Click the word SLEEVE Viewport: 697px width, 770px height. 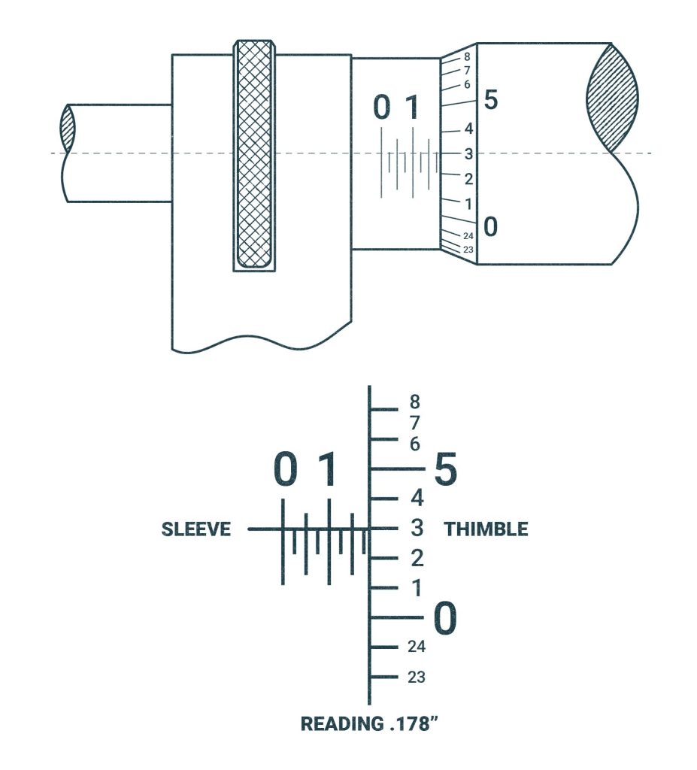pyautogui.click(x=195, y=529)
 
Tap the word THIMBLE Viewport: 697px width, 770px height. pyautogui.click(x=486, y=529)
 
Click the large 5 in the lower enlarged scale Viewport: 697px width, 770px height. pyautogui.click(x=446, y=471)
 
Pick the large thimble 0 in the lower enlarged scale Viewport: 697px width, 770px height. pyautogui.click(x=445, y=619)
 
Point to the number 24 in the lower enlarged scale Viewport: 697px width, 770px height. pyautogui.click(x=417, y=647)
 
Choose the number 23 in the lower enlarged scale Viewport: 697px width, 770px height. pyautogui.click(x=417, y=677)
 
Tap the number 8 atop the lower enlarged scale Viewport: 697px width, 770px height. pyautogui.click(x=415, y=402)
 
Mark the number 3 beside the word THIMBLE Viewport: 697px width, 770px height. pyautogui.click(x=416, y=529)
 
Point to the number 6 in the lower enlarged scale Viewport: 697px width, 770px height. pyautogui.click(x=415, y=444)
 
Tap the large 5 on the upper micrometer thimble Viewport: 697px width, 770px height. pyautogui.click(x=490, y=99)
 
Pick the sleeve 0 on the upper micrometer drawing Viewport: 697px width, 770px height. pyautogui.click(x=382, y=108)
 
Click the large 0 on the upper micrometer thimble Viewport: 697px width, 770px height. pyautogui.click(x=490, y=226)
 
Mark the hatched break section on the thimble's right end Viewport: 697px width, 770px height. pyautogui.click(x=613, y=98)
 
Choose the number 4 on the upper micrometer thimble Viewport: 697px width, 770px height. pyautogui.click(x=468, y=129)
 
